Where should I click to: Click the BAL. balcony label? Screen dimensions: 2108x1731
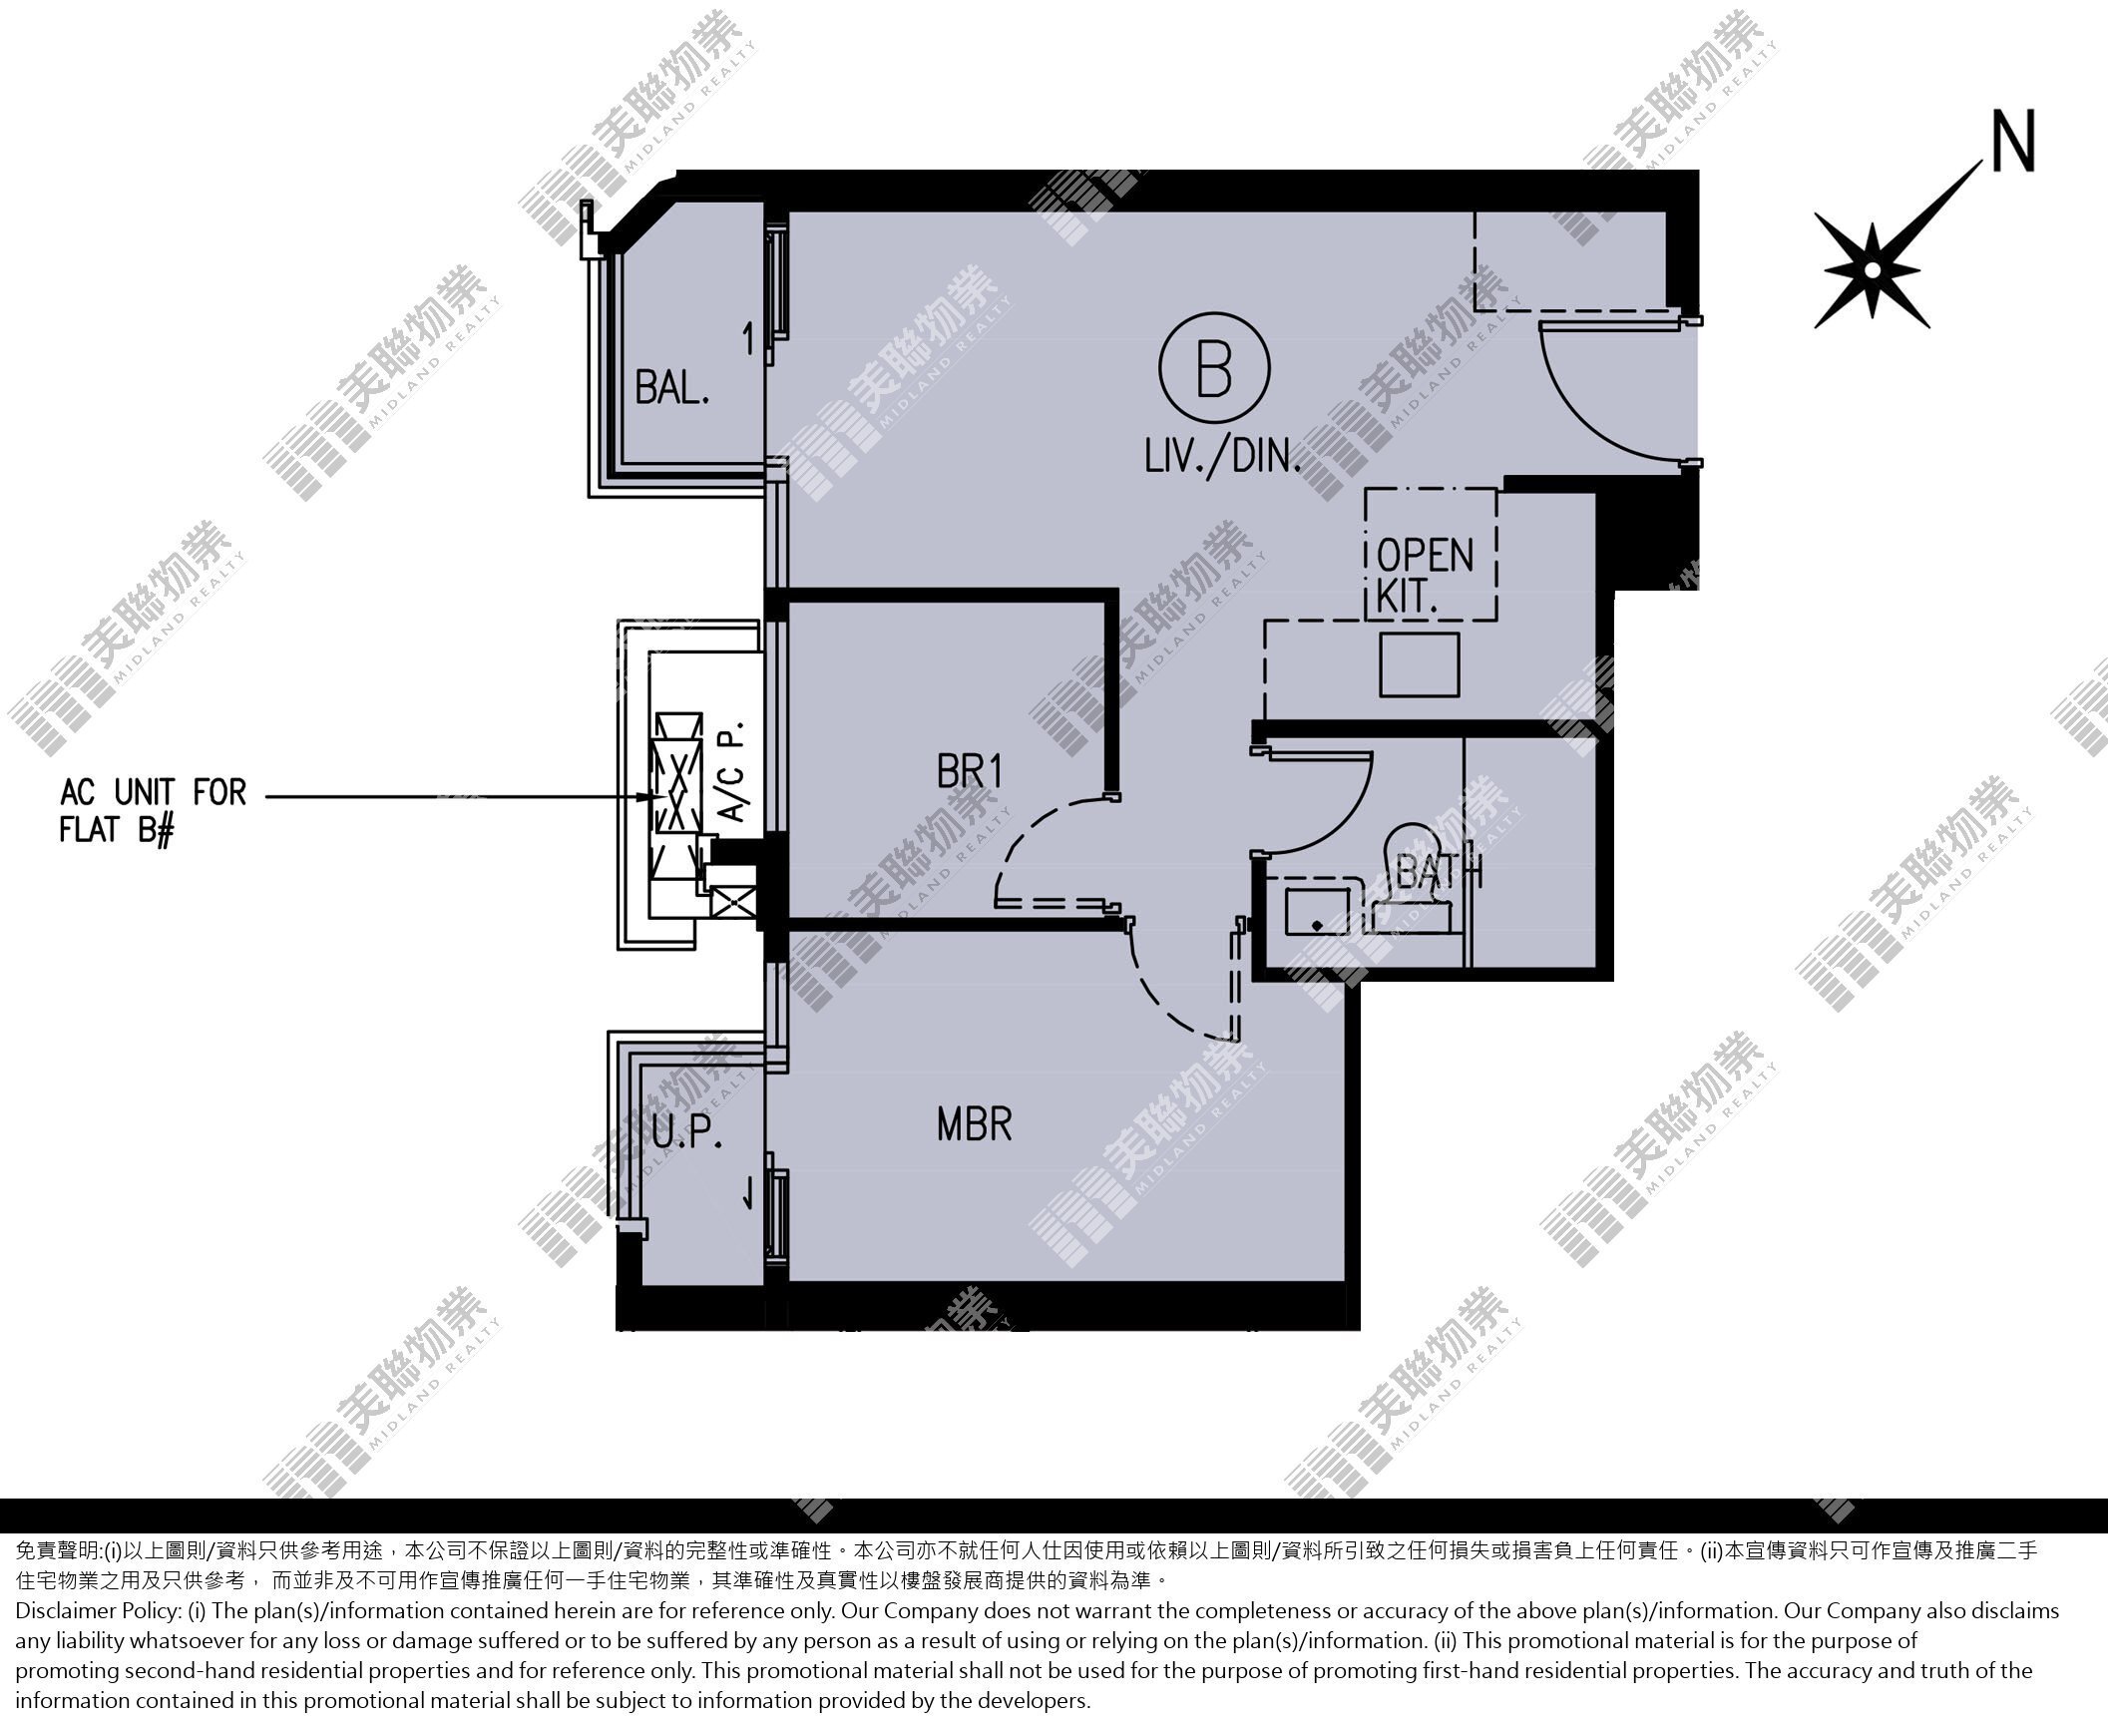[x=672, y=387]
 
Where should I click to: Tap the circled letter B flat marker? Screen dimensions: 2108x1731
[x=1214, y=368]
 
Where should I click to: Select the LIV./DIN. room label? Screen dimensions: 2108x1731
[x=1223, y=457]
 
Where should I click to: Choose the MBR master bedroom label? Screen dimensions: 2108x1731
[x=975, y=1124]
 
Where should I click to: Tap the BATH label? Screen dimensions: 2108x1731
[x=1440, y=873]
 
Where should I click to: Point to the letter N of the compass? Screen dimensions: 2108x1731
[x=2012, y=142]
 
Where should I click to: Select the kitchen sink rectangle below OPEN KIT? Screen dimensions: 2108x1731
[x=1420, y=664]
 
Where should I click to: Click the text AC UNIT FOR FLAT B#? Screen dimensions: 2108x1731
[x=153, y=811]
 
